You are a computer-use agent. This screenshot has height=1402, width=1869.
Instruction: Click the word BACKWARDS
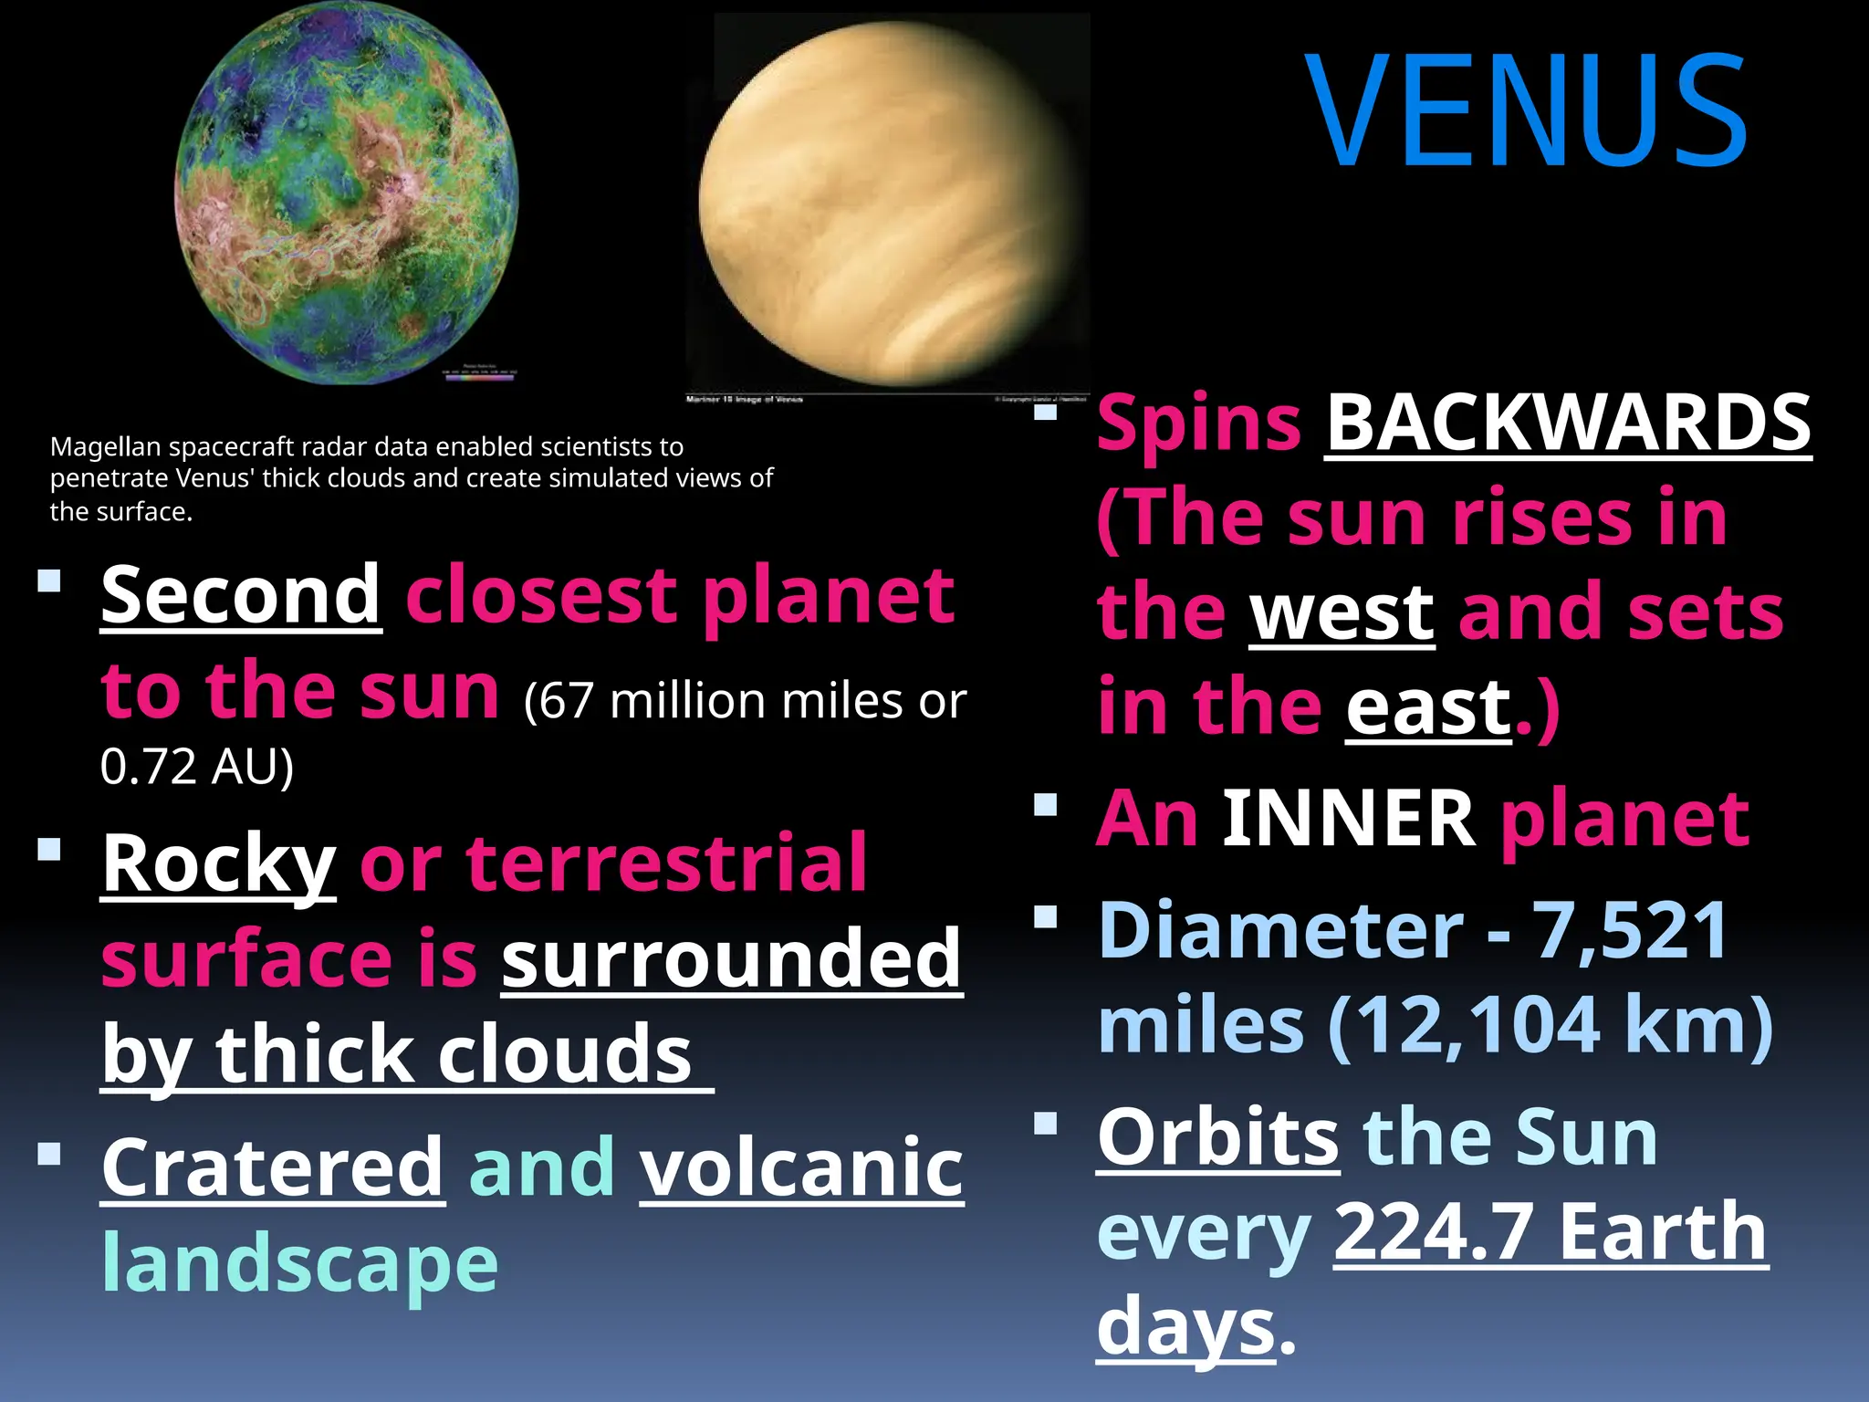1568,423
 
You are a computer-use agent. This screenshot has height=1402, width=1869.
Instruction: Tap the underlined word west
1342,612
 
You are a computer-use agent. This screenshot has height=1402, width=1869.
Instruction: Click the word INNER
1348,818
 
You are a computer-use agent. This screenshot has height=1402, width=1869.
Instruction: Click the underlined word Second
241,595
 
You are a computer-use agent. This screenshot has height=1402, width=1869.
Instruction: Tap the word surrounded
732,958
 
